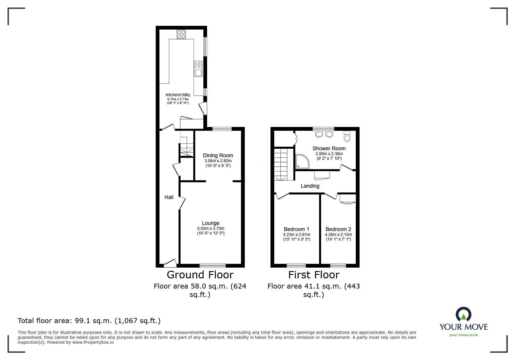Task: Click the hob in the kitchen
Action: point(181,34)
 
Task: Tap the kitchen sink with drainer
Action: point(198,69)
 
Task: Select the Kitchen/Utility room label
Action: point(178,95)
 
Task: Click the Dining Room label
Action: point(218,155)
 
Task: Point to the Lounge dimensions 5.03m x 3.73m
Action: point(211,228)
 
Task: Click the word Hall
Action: point(169,197)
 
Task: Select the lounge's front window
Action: point(213,265)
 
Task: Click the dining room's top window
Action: point(222,129)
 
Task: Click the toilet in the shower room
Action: point(347,136)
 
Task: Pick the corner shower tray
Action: point(302,162)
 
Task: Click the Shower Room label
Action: point(329,148)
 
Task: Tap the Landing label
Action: point(310,186)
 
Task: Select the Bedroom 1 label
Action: point(296,229)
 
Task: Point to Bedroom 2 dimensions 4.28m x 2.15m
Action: point(338,234)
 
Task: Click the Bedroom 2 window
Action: point(338,265)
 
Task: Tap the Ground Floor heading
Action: point(200,275)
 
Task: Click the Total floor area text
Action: point(89,321)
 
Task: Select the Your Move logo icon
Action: point(463,315)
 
